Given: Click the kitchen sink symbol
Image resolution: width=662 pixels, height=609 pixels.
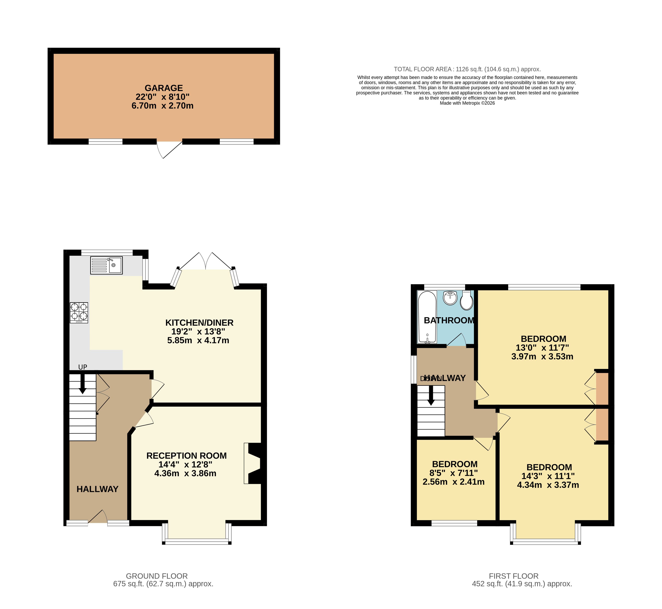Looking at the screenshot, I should tap(106, 265).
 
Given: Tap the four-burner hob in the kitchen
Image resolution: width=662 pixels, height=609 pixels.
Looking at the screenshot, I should tap(79, 312).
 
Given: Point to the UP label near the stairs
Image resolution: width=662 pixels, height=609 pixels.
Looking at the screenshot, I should tap(83, 367).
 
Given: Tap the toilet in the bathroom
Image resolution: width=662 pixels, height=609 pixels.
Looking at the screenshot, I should tap(466, 300).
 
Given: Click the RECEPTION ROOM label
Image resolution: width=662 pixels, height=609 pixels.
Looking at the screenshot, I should tap(187, 456).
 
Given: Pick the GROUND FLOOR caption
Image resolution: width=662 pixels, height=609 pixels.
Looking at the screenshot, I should tap(157, 576).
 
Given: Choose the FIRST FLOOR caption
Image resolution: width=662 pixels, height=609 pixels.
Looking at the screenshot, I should tap(513, 576).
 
